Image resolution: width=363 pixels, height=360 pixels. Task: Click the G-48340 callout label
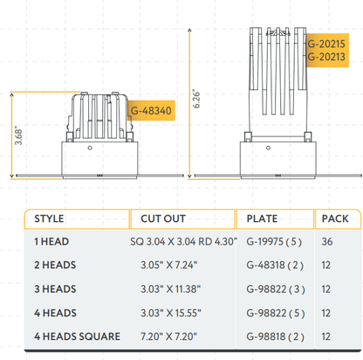point(151,111)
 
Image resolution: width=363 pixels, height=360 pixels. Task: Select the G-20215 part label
point(327,42)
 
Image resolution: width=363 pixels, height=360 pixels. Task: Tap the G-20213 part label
point(327,56)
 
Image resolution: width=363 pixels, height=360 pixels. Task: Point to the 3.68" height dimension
point(19,138)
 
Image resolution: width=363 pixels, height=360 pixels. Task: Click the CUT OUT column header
point(157,218)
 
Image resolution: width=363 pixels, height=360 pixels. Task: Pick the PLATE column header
point(264,218)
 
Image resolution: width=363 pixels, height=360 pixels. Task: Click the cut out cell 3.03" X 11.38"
point(170,288)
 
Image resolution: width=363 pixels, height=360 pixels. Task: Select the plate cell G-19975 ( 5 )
point(275,240)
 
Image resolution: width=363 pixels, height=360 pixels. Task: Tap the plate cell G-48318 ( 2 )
point(275,264)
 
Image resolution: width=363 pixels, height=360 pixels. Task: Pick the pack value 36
point(326,240)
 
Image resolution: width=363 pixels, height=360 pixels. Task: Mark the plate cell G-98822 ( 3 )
point(275,288)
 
